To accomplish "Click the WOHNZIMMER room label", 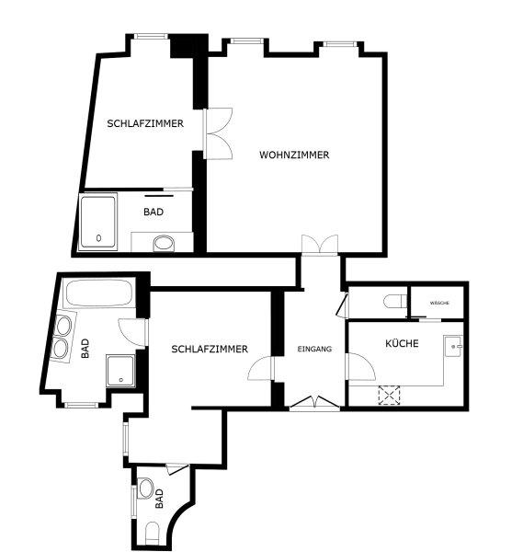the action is pos(294,155).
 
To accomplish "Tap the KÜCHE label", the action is pos(402,343).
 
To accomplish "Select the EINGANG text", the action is pos(314,349).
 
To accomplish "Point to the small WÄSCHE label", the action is pos(439,303).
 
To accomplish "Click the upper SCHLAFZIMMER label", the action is pos(145,123).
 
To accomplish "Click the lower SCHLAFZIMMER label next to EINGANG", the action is pos(210,349).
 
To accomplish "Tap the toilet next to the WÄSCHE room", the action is pos(395,302).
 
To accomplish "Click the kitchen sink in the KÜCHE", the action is pos(454,347).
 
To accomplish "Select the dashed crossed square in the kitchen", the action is pos(389,396).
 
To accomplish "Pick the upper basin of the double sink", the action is pos(63,326).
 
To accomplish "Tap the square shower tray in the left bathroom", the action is pos(120,371).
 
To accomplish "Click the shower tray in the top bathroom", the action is pos(98,222).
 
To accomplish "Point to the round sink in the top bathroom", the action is pos(164,243).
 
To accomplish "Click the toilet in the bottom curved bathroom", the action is pos(153,533).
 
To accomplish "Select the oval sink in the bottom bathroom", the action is pos(145,489).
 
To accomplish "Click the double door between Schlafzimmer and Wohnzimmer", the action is pos(219,133).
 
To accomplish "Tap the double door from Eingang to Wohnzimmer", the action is pos(320,245).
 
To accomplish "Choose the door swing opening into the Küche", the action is pos(361,366).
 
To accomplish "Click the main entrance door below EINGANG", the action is pos(314,404).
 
